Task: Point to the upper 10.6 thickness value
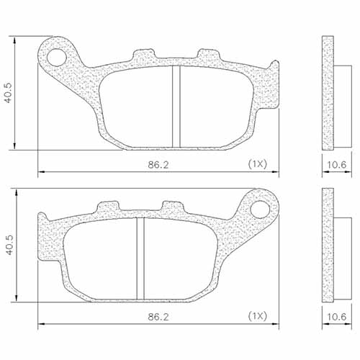337,165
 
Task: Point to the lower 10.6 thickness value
337,316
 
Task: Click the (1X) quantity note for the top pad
257,165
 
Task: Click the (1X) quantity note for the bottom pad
257,316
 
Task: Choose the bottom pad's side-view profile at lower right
330,246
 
